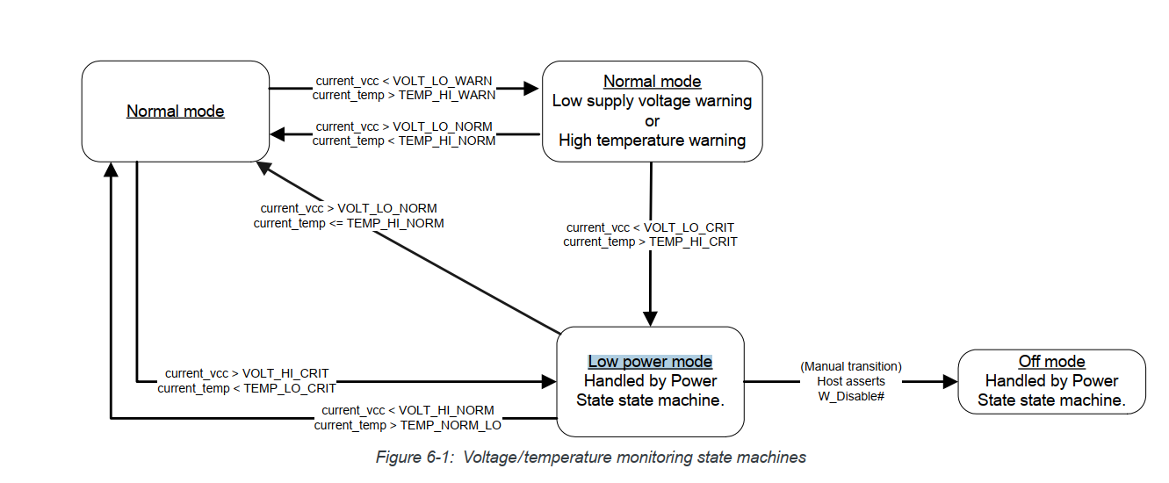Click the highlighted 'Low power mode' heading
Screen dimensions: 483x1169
point(650,362)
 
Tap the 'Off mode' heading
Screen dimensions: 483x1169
point(1051,362)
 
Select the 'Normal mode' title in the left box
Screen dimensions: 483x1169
point(176,112)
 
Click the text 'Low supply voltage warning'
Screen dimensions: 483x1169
point(652,101)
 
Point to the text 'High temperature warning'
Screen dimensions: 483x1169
point(652,141)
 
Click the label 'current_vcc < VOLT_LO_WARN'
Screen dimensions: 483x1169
point(404,81)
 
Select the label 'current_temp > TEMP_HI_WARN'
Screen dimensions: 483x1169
point(404,95)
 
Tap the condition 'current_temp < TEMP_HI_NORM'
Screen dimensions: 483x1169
point(404,141)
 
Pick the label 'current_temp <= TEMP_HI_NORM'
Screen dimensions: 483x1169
point(349,223)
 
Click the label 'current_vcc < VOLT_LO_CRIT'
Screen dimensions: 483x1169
point(650,227)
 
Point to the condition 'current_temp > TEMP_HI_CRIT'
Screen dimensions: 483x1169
point(650,241)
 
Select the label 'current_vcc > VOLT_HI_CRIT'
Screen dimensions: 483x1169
point(247,373)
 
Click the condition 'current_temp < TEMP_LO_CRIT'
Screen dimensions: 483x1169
point(247,387)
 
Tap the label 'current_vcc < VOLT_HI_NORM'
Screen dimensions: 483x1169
point(408,410)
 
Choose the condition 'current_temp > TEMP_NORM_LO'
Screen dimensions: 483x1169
point(408,425)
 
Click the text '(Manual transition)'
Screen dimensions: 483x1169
point(850,366)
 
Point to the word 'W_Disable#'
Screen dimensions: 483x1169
point(850,396)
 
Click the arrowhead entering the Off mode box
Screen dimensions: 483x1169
point(949,382)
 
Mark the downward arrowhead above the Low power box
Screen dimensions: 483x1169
point(651,318)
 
